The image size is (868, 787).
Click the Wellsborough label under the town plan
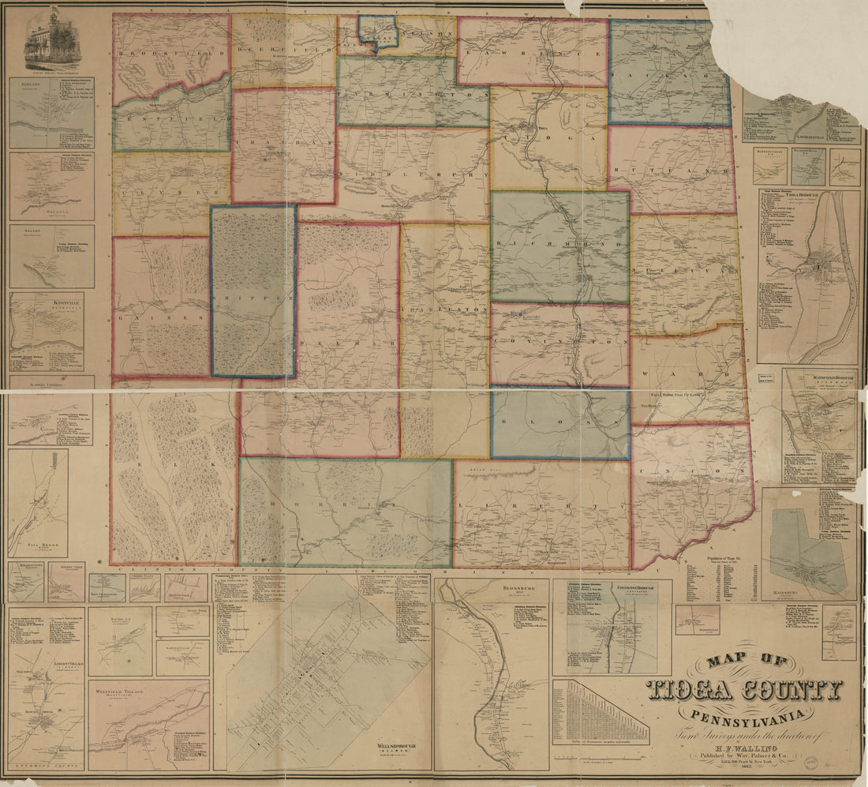pos(389,744)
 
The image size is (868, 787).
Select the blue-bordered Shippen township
pos(253,292)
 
